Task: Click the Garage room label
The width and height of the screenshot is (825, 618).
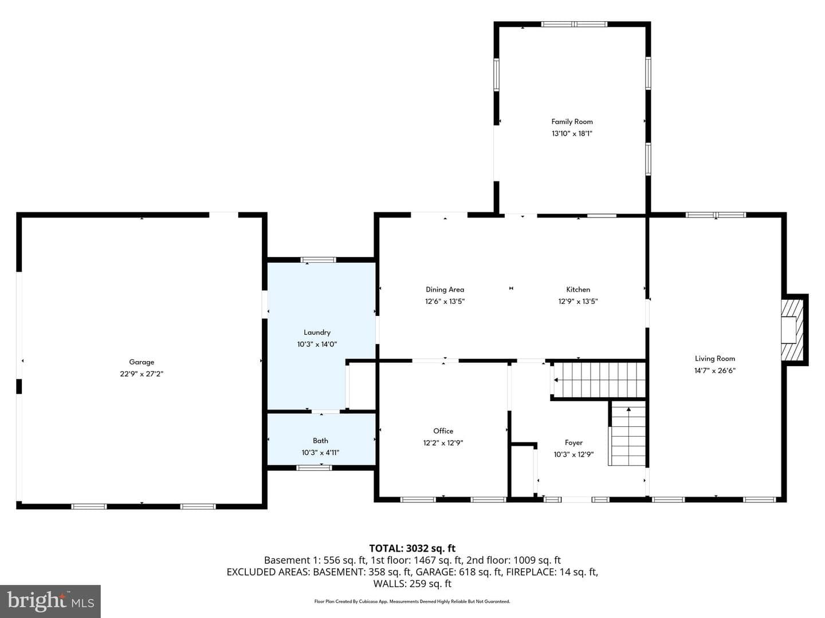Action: (x=142, y=362)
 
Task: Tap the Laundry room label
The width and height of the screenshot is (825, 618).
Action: (x=317, y=332)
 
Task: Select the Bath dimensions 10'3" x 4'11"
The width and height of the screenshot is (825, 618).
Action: (x=320, y=453)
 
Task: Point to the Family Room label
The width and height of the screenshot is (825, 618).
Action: (x=572, y=121)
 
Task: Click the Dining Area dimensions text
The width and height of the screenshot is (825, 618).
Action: (x=445, y=302)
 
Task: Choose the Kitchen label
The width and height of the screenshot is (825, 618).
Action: (x=578, y=290)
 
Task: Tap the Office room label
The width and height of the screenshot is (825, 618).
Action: (x=443, y=431)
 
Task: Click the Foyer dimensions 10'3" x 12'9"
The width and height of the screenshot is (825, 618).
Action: (x=573, y=454)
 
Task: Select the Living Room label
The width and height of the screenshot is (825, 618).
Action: (x=715, y=358)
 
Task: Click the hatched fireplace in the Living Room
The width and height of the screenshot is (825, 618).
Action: (x=792, y=330)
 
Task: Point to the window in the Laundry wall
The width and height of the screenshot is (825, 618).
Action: (x=318, y=260)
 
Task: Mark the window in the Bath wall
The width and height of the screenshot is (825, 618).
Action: (x=314, y=468)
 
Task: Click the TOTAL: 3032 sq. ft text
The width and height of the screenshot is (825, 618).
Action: (x=412, y=548)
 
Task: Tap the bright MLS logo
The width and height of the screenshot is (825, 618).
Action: (x=50, y=601)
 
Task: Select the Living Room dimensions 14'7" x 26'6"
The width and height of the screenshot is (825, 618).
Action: (x=714, y=370)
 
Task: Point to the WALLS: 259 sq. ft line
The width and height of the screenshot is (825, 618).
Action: (x=412, y=584)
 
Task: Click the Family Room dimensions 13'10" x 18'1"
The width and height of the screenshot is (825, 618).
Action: (x=572, y=133)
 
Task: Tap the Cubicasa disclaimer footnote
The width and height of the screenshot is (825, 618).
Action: (x=412, y=601)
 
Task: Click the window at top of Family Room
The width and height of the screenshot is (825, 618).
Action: (x=574, y=25)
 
